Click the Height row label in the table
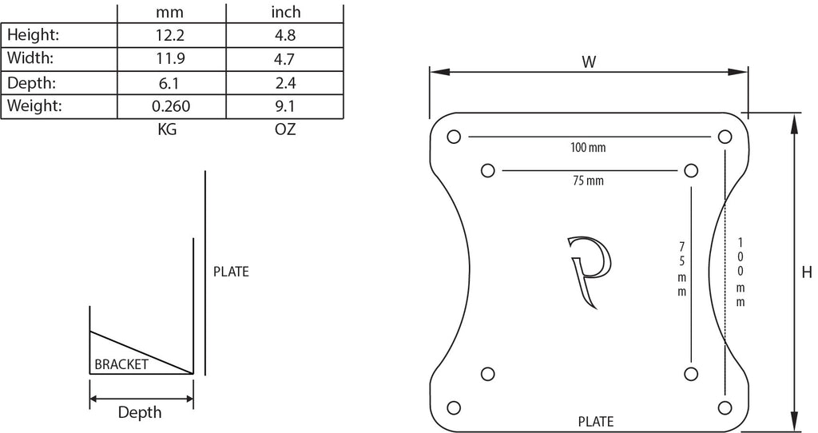click(x=33, y=35)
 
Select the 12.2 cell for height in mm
click(x=170, y=35)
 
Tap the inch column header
click(x=285, y=11)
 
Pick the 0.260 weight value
click(x=171, y=106)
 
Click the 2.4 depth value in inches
click(x=285, y=82)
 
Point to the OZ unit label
click(x=285, y=129)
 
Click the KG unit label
click(x=167, y=129)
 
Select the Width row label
click(x=30, y=58)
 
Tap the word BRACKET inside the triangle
click(x=121, y=364)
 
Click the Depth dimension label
click(x=139, y=412)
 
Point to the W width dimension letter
click(x=589, y=62)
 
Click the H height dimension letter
click(x=807, y=272)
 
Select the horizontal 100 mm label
click(x=588, y=148)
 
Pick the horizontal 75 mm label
click(x=588, y=181)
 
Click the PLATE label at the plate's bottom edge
click(x=596, y=421)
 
